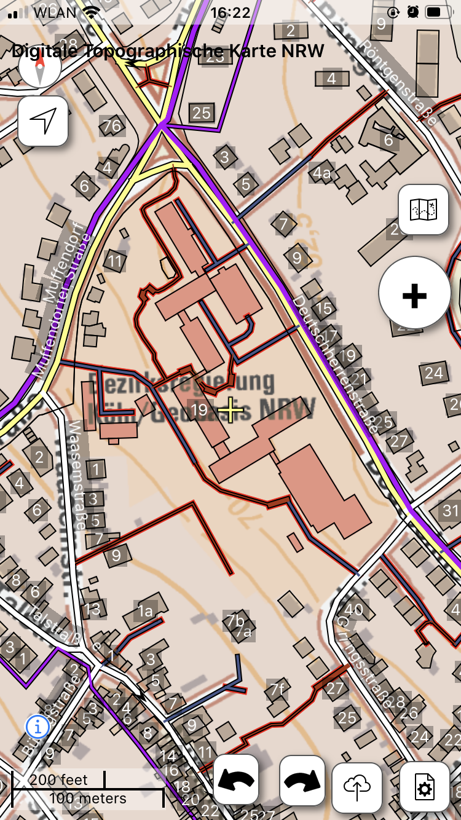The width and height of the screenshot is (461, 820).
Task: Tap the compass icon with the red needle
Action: (40, 66)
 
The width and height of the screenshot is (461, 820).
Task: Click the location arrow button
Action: (43, 121)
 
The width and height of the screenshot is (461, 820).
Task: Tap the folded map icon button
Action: (424, 210)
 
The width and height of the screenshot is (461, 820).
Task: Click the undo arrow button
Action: (236, 779)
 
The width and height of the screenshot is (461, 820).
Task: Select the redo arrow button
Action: (302, 779)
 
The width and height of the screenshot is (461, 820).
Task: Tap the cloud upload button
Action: (357, 787)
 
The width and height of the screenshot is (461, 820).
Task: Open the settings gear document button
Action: (424, 787)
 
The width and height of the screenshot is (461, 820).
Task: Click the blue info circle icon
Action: (37, 726)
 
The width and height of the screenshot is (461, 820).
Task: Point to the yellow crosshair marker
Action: (231, 410)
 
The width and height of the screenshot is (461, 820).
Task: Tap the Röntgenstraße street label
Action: (400, 84)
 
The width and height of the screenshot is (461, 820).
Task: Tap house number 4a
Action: (322, 173)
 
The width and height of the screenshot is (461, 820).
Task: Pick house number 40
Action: (353, 610)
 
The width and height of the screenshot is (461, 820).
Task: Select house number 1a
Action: (145, 611)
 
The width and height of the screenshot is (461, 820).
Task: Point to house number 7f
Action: (277, 688)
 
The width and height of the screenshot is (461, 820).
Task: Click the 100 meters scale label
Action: (88, 798)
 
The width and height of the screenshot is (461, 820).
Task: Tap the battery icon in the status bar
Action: (437, 12)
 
